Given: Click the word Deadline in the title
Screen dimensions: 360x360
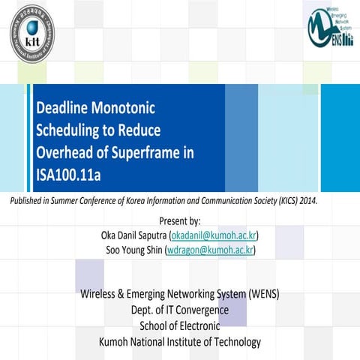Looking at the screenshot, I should pyautogui.click(x=63, y=107).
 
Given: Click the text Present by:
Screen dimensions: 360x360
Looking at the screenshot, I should pyautogui.click(x=180, y=221).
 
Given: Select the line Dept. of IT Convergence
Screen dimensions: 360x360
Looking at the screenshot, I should pyautogui.click(x=180, y=310).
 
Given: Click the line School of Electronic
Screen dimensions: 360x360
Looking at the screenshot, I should pyautogui.click(x=180, y=325).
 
